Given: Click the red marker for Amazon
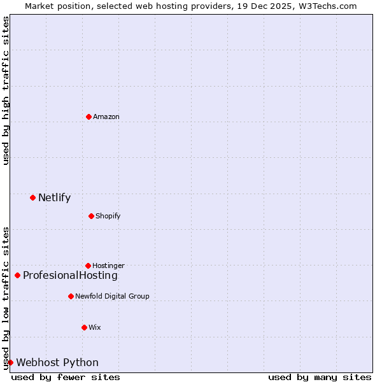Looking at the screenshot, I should pyautogui.click(x=88, y=117).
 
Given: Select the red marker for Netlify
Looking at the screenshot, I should pyautogui.click(x=32, y=197).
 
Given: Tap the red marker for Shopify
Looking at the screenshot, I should pyautogui.click(x=91, y=216).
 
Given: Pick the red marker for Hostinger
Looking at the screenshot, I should pyautogui.click(x=88, y=265).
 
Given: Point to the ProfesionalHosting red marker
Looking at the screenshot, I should pyautogui.click(x=17, y=275).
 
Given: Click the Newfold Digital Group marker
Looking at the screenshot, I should pyautogui.click(x=71, y=296).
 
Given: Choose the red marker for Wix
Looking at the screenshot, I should pyautogui.click(x=84, y=327).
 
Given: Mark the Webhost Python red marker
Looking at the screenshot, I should pyautogui.click(x=10, y=362).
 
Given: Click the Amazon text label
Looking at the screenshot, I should pyautogui.click(x=106, y=117).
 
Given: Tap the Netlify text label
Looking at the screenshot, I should pyautogui.click(x=54, y=197).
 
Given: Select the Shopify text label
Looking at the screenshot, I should pyautogui.click(x=108, y=216).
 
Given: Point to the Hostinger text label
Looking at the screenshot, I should pyautogui.click(x=108, y=265).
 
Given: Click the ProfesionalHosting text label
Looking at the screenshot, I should pyautogui.click(x=70, y=275).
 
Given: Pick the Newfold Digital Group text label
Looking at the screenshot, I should pyautogui.click(x=112, y=296).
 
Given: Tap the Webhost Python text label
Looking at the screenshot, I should pyautogui.click(x=57, y=362).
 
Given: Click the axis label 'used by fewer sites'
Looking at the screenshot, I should pyautogui.click(x=66, y=377).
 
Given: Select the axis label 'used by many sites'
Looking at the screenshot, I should pyautogui.click(x=320, y=377).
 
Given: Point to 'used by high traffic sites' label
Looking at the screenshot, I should pyautogui.click(x=6, y=90).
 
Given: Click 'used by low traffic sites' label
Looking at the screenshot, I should pyautogui.click(x=6, y=297).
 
